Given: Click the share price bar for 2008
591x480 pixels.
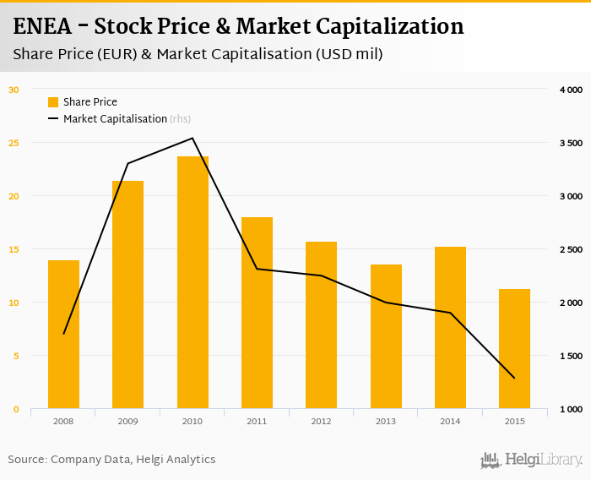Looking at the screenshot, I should [63, 335].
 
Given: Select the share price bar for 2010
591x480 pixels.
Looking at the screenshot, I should [192, 282].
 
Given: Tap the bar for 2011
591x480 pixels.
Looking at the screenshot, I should [257, 313].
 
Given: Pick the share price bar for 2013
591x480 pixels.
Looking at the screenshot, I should [386, 336].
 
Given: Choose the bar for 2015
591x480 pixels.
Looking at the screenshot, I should [514, 349].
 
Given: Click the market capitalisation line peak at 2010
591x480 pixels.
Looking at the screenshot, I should [192, 139].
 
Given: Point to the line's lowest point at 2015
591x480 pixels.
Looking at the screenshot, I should [514, 378].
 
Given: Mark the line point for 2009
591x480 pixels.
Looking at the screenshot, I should [128, 163].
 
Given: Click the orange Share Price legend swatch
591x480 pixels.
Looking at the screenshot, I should [53, 102].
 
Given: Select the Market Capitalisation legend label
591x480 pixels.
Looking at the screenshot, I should [115, 119].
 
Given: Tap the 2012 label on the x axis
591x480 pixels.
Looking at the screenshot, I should [321, 421].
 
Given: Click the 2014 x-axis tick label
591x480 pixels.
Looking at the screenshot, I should [450, 421].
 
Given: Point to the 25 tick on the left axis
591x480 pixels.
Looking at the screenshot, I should [14, 142].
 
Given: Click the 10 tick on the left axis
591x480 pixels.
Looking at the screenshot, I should [14, 303].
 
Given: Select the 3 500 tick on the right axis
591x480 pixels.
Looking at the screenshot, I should [571, 143].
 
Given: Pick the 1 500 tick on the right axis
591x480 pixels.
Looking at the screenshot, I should [571, 356].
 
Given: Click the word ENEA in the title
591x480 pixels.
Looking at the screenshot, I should [46, 26].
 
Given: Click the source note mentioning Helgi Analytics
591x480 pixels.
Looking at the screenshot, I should [111, 460].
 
